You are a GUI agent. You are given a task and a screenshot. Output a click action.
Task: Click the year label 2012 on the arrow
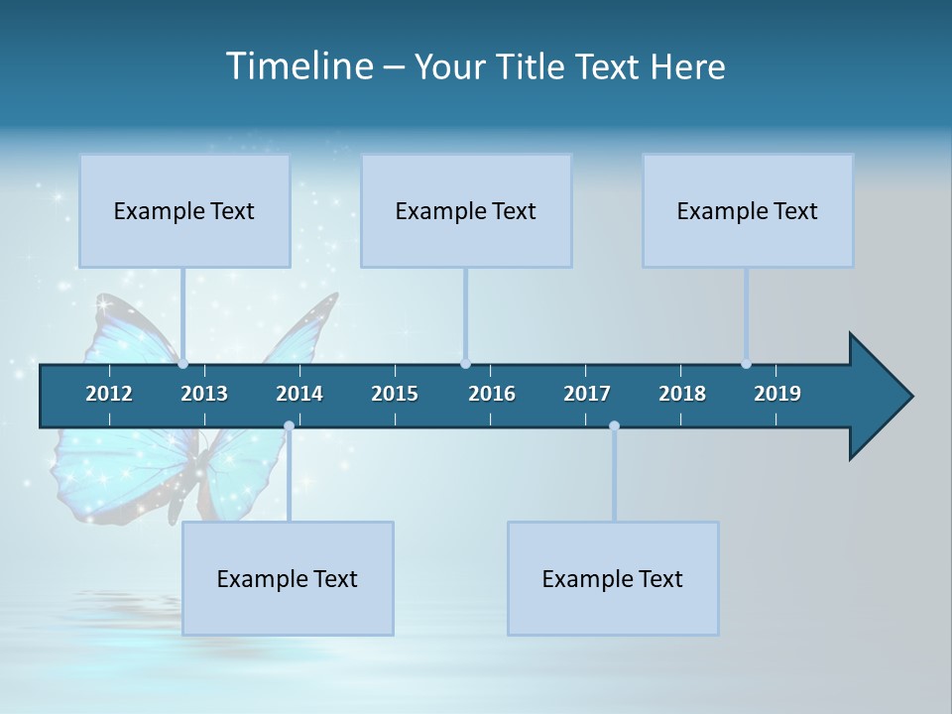tap(109, 394)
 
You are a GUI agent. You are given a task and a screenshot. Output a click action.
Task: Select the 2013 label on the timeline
tap(204, 394)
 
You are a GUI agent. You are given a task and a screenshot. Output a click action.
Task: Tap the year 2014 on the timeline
tap(299, 394)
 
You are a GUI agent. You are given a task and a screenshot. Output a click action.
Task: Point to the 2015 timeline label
tap(395, 394)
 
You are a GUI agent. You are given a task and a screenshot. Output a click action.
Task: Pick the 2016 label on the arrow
tap(492, 394)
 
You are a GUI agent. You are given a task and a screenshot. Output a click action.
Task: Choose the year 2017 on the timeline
tap(587, 394)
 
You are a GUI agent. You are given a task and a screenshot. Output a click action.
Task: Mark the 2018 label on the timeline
tap(682, 394)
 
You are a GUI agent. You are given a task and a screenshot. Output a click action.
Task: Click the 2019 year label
tap(777, 394)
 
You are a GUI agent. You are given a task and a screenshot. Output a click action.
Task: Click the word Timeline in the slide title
tap(297, 66)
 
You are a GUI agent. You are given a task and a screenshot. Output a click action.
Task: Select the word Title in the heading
tap(533, 66)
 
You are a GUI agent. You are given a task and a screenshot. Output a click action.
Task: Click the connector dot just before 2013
tap(182, 363)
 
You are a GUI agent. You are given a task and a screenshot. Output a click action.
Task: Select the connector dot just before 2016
tap(465, 363)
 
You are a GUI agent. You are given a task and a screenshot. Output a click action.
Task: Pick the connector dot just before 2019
tap(746, 363)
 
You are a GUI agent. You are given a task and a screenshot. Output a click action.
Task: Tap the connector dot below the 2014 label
tap(289, 426)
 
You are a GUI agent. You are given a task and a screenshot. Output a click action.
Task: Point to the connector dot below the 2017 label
tap(614, 426)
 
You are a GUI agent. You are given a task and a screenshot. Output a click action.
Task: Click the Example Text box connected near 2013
tap(184, 210)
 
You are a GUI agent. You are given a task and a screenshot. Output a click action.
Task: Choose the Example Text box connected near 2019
tap(748, 210)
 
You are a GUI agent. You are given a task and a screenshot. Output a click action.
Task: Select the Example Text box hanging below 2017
tap(613, 578)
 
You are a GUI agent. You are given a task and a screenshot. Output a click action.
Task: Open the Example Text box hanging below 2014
tap(288, 578)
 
